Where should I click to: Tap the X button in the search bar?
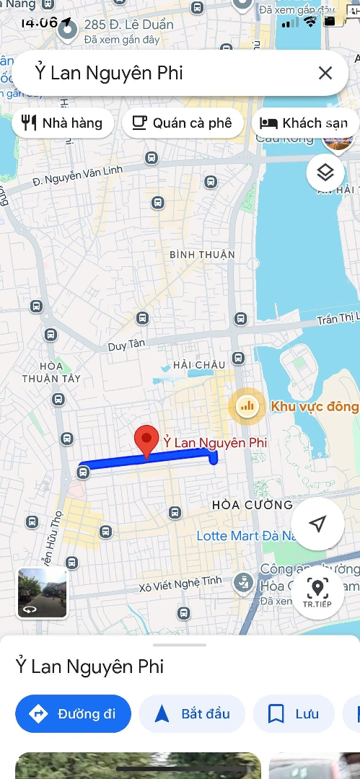[x=325, y=73]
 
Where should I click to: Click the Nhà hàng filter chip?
[x=63, y=123]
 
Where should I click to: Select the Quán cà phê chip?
[x=182, y=123]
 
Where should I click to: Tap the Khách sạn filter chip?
[x=304, y=123]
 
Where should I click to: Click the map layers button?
[x=325, y=172]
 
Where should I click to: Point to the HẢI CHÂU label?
[x=200, y=365]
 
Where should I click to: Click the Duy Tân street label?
[x=127, y=346]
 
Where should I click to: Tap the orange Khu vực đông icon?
[x=247, y=406]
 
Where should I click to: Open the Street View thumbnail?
[x=43, y=593]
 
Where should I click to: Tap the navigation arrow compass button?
[x=318, y=524]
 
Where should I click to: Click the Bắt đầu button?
[x=192, y=714]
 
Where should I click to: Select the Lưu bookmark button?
[x=294, y=714]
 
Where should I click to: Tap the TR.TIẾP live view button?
[x=317, y=593]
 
